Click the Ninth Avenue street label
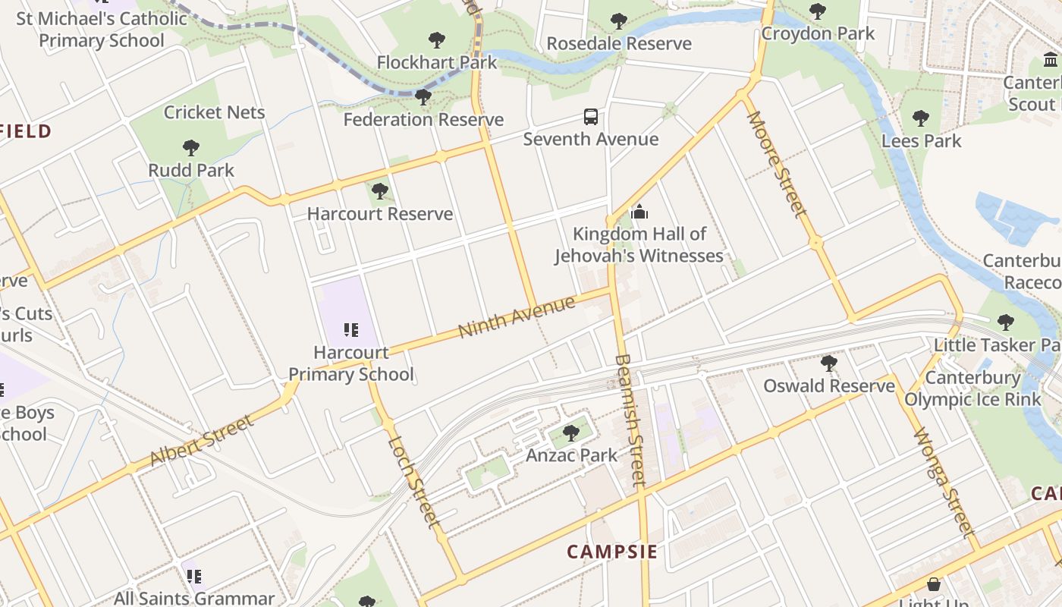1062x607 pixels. [x=517, y=317]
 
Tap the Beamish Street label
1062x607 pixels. [x=630, y=420]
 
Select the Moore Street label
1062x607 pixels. [x=775, y=163]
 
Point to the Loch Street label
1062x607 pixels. [x=413, y=481]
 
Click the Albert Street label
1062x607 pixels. [x=201, y=441]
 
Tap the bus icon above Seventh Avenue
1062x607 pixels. [x=591, y=117]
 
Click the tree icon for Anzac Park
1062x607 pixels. [x=571, y=433]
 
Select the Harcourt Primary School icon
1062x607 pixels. [x=350, y=330]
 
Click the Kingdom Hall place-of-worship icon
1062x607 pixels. [x=639, y=212]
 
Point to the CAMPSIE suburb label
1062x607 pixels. [x=612, y=551]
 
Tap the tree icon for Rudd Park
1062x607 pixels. [x=191, y=148]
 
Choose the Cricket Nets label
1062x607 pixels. [x=215, y=112]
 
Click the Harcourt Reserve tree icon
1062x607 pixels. [x=380, y=191]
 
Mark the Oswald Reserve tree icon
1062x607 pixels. [x=828, y=363]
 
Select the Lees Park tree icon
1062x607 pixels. [x=921, y=118]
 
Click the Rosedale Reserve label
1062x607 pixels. [x=619, y=43]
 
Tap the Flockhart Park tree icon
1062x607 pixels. [x=436, y=39]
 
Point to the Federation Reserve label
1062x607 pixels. [x=423, y=119]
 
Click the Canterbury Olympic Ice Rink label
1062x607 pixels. [x=973, y=388]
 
